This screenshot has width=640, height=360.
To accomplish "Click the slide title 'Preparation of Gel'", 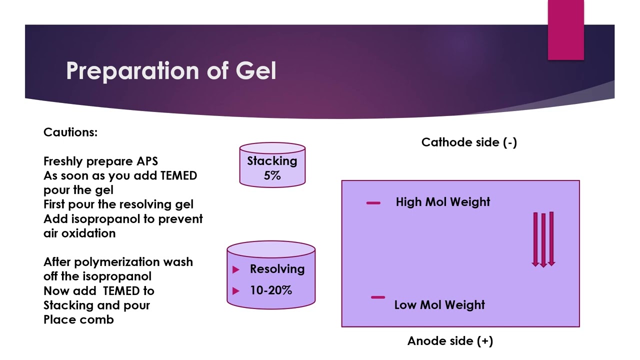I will coord(171,71).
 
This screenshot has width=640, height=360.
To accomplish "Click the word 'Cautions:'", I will coord(70,132).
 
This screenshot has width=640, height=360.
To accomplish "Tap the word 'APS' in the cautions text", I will coord(147,161).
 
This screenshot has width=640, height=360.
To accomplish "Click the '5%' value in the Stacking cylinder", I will coord(272,175).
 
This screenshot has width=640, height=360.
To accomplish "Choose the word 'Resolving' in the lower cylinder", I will coord(277,269).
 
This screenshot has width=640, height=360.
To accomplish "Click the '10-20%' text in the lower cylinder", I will coord(270,290).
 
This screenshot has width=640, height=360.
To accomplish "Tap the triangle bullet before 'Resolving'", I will coord(236,270).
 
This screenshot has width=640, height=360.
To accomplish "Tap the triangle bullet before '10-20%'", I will coord(236,291).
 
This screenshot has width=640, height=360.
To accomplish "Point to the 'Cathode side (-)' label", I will coord(469,142).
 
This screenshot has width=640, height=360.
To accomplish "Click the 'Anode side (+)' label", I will coord(450,341).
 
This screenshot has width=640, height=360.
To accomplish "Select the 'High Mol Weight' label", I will coord(442,202).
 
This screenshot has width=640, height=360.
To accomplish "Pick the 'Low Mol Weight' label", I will coord(439,305).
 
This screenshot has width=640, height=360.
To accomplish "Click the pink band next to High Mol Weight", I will coord(373,203).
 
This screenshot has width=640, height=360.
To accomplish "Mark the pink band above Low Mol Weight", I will coord(378,297).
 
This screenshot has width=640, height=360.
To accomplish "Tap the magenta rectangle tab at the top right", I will coord(565,30).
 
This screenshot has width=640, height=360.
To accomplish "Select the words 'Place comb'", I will coord(78,319).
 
